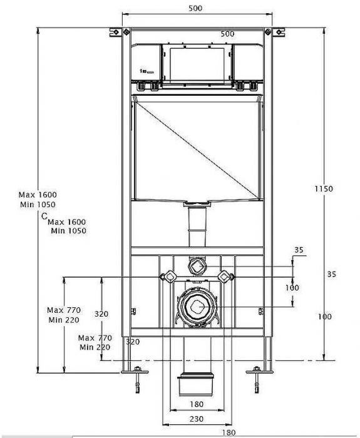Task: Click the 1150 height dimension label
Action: pyautogui.click(x=324, y=189)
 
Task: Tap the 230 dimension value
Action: pyautogui.click(x=197, y=419)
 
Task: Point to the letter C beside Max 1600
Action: pyautogui.click(x=44, y=216)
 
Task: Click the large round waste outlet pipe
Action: pyautogui.click(x=198, y=307)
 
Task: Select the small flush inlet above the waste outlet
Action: pyautogui.click(x=198, y=267)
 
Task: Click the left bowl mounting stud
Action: pyautogui.click(x=168, y=277)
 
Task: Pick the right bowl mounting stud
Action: pyautogui.click(x=226, y=277)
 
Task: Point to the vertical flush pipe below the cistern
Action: pyautogui.click(x=197, y=227)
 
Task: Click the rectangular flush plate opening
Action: pyautogui.click(x=197, y=65)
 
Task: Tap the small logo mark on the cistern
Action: pyautogui.click(x=147, y=72)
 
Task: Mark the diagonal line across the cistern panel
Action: pyautogui.click(x=197, y=150)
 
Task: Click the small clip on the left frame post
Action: pyautogui.click(x=133, y=311)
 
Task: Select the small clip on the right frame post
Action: pyautogui.click(x=261, y=311)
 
